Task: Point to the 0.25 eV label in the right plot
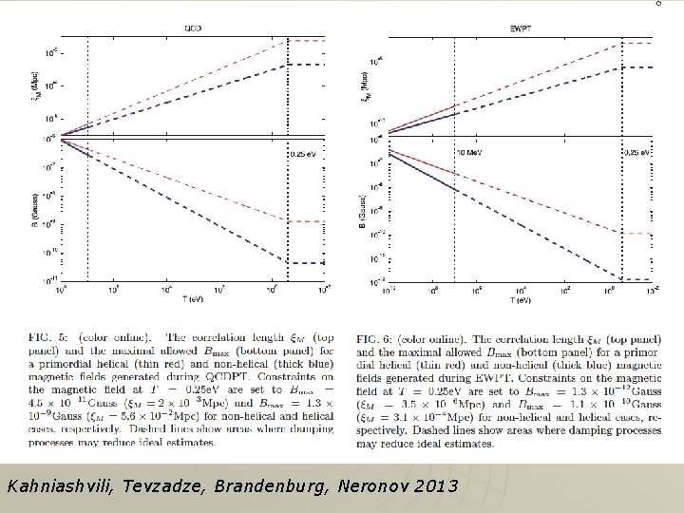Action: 637,152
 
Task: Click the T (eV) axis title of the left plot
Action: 194,299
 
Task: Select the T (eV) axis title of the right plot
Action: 520,299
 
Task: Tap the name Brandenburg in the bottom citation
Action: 266,487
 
